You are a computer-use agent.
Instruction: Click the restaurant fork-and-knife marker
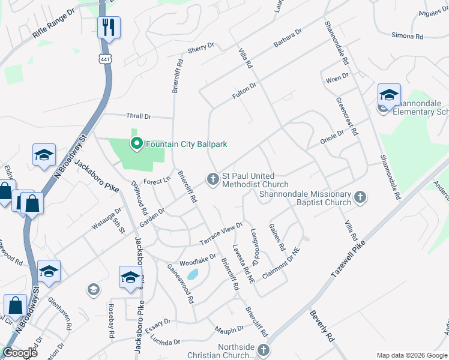pos(109,27)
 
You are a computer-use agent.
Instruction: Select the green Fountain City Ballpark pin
pos(136,143)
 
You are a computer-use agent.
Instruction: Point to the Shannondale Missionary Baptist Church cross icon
pos(360,197)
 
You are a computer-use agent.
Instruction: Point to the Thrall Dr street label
pos(139,116)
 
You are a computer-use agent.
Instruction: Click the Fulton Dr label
pos(244,91)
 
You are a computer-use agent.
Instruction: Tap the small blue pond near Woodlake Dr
pos(192,275)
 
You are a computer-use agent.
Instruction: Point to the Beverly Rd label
pos(322,326)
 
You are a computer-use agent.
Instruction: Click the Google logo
pos(20,353)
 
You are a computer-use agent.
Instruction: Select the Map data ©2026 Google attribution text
pos(411,355)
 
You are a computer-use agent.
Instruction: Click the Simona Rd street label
pos(407,36)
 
